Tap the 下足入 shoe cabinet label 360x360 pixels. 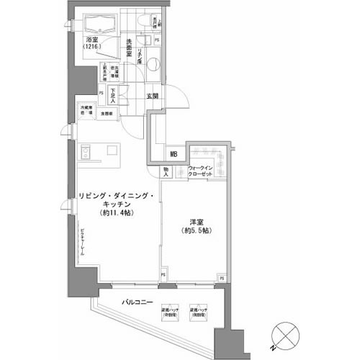pos(123,95)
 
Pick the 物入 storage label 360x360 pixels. pos(166,173)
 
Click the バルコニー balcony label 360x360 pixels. pos(135,302)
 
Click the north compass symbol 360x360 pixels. pos(282,336)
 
